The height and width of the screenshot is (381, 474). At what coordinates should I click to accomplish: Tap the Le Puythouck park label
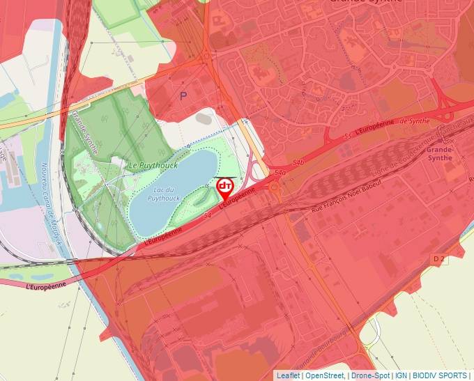(x=153, y=165)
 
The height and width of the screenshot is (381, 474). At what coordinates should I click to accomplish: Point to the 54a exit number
(x=281, y=172)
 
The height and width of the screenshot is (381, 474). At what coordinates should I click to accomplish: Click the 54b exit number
(x=299, y=162)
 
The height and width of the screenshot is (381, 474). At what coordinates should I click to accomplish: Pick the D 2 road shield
(x=438, y=259)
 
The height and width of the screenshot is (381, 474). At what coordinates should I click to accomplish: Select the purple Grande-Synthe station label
(x=440, y=154)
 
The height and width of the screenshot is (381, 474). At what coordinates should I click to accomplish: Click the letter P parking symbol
(x=184, y=96)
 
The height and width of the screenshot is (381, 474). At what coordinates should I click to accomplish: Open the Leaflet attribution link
(x=288, y=375)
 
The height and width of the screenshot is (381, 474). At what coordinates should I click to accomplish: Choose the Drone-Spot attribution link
(x=369, y=375)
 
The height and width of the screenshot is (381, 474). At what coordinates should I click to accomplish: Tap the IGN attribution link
(x=401, y=375)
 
